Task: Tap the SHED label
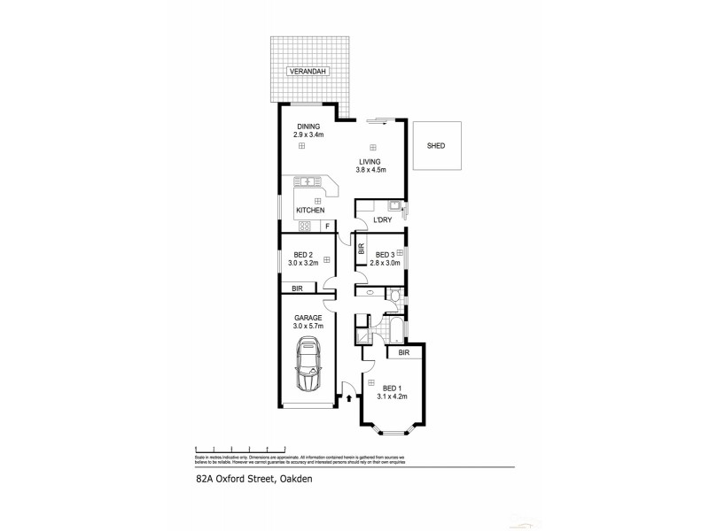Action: click(435, 146)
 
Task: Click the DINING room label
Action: click(308, 127)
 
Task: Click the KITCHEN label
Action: click(310, 210)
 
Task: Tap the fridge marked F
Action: click(327, 227)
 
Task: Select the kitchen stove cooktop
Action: click(304, 227)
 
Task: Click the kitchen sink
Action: click(308, 182)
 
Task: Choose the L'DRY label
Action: click(383, 219)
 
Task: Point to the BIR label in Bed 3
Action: click(361, 250)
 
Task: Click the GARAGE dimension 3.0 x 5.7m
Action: click(309, 326)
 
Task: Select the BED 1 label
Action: click(391, 388)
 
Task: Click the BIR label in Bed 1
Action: click(403, 353)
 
